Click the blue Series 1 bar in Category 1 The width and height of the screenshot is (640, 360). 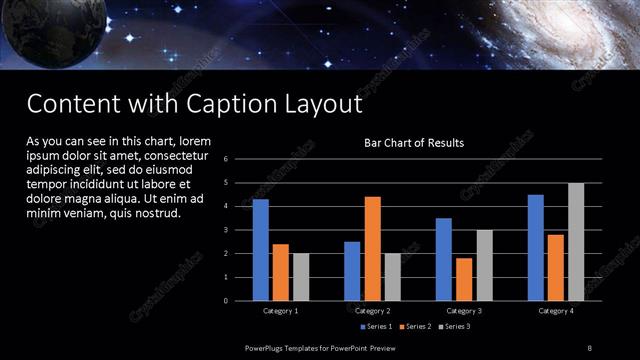(x=261, y=250)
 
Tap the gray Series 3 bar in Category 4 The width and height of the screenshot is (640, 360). (x=576, y=241)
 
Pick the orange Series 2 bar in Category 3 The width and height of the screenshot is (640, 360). (x=464, y=279)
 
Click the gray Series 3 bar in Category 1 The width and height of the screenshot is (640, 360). (x=301, y=277)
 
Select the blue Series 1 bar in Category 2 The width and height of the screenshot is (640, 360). (x=352, y=271)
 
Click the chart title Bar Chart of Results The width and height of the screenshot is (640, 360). (x=413, y=143)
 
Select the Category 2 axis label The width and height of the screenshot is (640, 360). (x=372, y=311)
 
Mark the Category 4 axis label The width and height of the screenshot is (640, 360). (x=556, y=311)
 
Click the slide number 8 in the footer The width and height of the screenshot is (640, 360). (x=590, y=347)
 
